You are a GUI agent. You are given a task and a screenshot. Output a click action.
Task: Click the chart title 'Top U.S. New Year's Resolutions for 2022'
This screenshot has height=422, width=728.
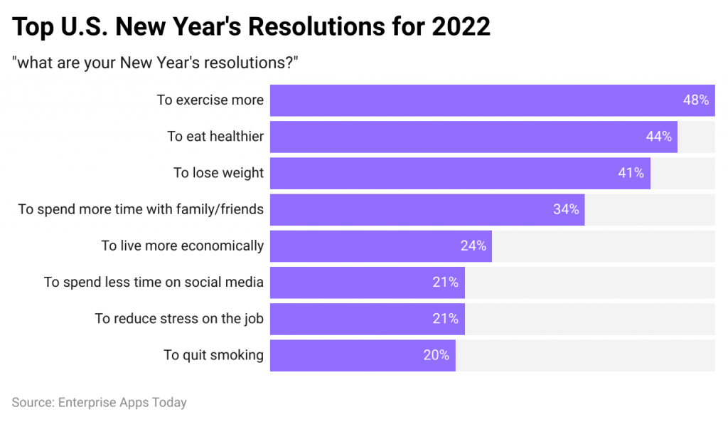252,27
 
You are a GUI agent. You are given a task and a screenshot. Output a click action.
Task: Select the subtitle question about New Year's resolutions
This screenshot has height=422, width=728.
154,63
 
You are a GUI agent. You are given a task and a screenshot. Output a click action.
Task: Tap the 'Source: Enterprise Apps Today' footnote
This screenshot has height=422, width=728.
100,402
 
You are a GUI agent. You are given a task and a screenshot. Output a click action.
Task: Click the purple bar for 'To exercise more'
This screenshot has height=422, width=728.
469,100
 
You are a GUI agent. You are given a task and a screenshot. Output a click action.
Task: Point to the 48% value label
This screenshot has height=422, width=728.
695,100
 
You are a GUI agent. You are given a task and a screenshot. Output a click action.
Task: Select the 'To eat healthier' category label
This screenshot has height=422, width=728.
215,137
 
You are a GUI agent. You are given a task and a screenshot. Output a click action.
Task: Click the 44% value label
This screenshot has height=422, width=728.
658,137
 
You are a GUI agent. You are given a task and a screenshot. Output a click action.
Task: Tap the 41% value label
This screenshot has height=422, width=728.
631,173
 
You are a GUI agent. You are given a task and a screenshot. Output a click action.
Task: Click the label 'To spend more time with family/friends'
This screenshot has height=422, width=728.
141,209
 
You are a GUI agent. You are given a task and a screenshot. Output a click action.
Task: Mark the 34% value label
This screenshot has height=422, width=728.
566,209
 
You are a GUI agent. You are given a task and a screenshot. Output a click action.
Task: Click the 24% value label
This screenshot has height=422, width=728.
473,246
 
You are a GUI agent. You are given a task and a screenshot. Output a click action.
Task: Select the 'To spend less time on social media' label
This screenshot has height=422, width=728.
154,283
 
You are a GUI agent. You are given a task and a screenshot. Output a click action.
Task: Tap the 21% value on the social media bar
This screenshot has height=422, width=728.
445,283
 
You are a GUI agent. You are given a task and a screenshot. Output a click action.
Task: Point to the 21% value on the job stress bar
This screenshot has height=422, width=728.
445,319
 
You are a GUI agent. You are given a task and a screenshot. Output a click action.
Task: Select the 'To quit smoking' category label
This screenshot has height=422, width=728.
213,355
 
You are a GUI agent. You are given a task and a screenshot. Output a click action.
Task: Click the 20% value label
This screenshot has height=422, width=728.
436,355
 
